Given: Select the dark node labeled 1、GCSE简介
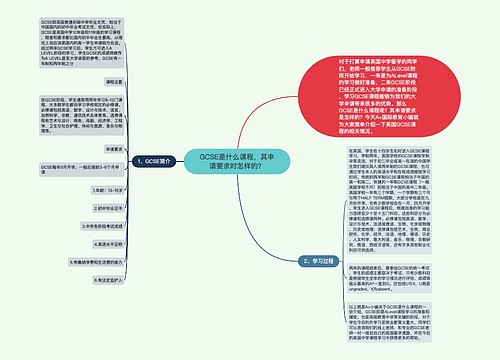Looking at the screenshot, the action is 143,160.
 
